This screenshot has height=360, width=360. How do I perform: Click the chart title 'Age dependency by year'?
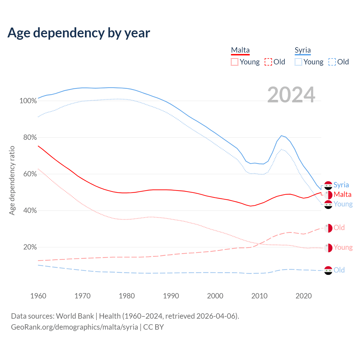coord(79,33)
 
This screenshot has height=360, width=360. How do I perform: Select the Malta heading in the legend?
coord(240,50)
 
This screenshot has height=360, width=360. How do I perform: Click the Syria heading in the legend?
coord(303,50)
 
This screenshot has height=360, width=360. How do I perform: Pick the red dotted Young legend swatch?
coord(234,62)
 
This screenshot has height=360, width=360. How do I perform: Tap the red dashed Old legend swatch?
coord(268,62)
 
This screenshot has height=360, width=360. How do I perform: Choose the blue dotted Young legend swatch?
coord(298,62)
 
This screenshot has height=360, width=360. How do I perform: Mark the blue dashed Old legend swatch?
coord(332,62)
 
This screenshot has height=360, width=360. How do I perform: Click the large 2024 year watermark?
coord(291,95)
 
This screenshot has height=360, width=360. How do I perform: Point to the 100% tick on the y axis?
coord(28,101)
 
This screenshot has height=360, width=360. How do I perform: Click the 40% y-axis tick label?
coord(30,211)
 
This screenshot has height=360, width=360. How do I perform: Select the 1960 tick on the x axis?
coord(38,296)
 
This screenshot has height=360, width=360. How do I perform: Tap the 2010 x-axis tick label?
coord(259,296)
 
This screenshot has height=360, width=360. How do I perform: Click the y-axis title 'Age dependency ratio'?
coord(12,180)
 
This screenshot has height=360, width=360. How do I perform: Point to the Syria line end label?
coord(341,185)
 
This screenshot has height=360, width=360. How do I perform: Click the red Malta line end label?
coord(342,195)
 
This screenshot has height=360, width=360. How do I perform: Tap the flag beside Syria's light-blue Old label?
coord(328,270)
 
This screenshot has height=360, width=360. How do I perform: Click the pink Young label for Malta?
coord(343,247)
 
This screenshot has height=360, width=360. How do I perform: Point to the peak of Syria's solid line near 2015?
coord(281,136)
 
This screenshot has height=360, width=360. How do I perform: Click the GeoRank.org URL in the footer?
coord(74,327)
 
